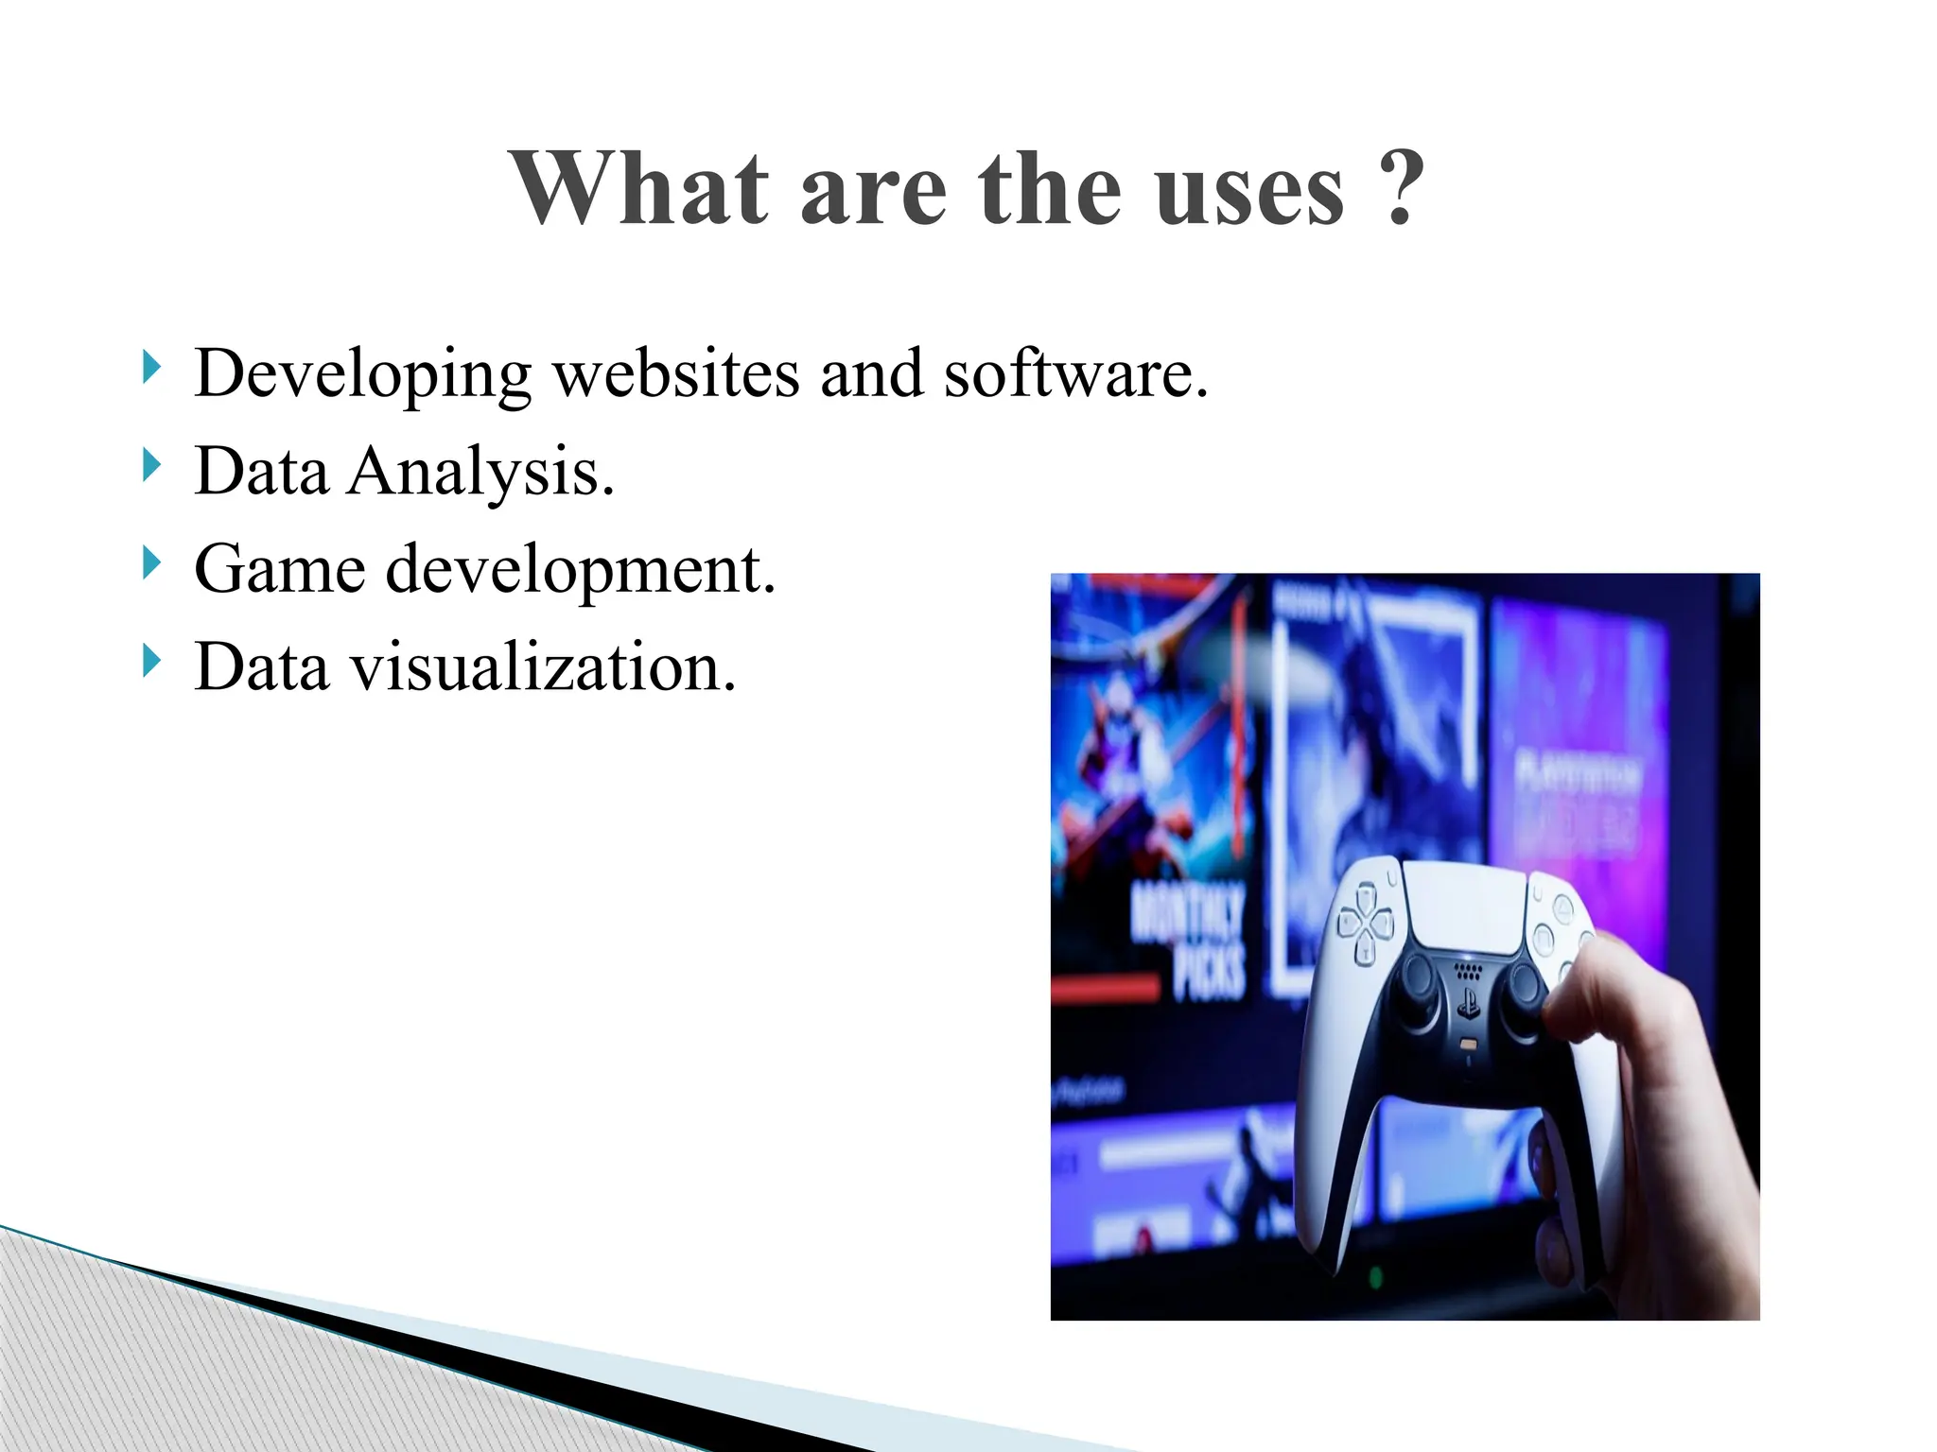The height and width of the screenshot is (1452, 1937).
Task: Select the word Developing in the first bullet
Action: coord(362,375)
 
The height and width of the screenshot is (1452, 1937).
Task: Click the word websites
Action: coord(676,373)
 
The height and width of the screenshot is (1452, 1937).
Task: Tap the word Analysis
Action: coord(480,472)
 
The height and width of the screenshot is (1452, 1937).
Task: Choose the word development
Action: coord(581,571)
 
